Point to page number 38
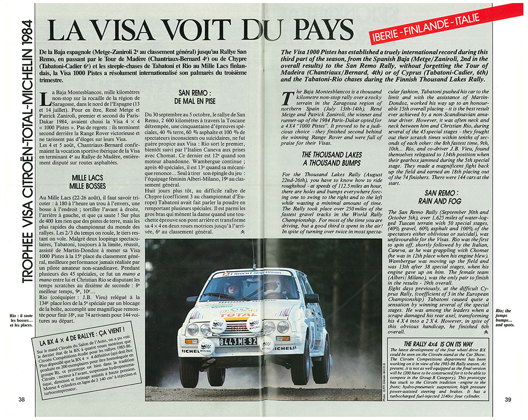coord(22,399)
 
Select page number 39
coord(508,399)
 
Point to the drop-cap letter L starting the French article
coord(44,98)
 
